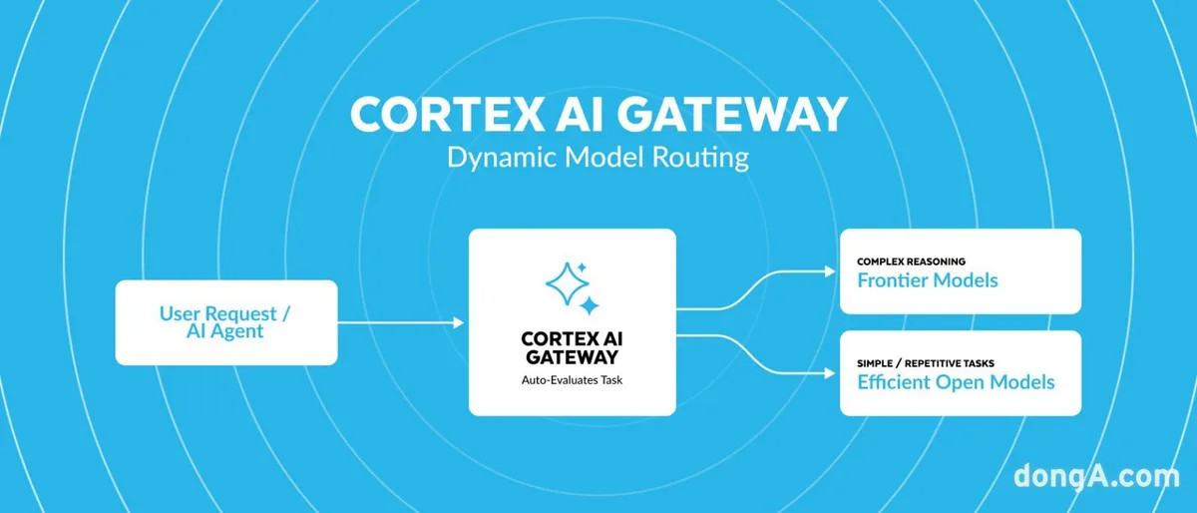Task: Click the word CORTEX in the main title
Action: (448, 115)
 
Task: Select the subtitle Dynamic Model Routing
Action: (598, 159)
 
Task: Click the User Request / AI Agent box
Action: (226, 322)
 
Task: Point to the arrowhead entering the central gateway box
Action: (459, 322)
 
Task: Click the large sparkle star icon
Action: (567, 283)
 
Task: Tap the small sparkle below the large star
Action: (590, 306)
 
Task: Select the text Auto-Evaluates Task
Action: (572, 380)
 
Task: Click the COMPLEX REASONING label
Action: (911, 261)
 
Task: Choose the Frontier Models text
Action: (928, 280)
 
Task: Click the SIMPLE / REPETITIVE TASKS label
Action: (926, 363)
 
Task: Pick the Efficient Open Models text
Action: (956, 382)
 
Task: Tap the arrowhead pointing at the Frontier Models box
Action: (830, 271)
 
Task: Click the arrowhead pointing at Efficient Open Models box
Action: (830, 373)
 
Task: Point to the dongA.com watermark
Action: (1096, 475)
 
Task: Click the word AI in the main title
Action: (583, 115)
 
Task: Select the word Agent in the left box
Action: (236, 331)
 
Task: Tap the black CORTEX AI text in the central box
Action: (572, 339)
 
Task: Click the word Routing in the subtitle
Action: (700, 159)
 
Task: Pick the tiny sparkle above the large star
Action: (582, 267)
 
